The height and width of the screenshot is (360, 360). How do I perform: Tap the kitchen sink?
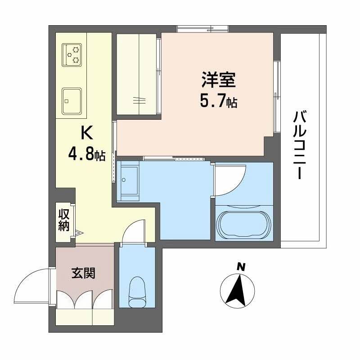click(72, 101)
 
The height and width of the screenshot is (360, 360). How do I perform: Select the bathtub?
click(243, 223)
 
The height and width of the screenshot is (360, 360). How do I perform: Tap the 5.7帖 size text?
click(219, 102)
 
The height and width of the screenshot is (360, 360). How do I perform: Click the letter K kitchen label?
click(86, 133)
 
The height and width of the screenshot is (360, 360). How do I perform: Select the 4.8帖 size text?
click(86, 154)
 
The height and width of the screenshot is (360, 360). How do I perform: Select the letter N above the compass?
click(241, 266)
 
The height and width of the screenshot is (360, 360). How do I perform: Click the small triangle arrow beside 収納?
click(79, 233)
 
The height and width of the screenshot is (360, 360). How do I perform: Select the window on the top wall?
click(202, 29)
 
